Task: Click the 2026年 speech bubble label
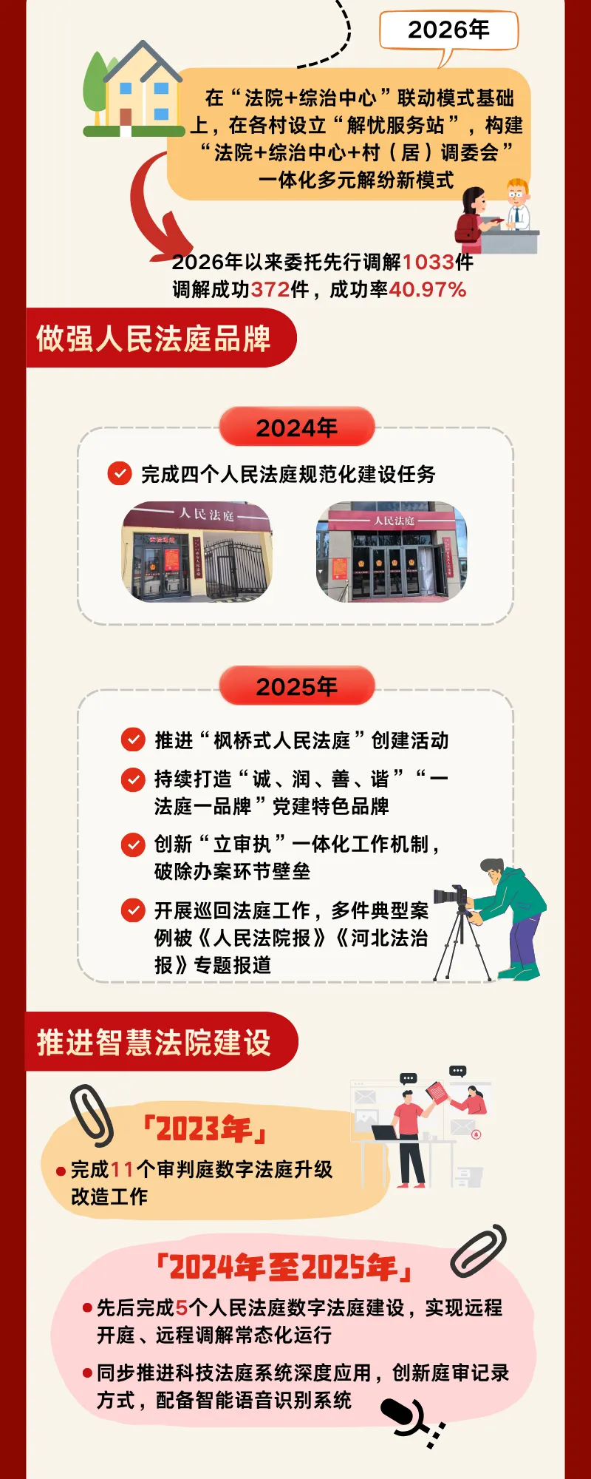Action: [x=448, y=30]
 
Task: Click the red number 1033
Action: [x=428, y=262]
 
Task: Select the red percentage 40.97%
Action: [x=428, y=289]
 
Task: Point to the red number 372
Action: [x=270, y=289]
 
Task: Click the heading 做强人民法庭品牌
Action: [x=154, y=339]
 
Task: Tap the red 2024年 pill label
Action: [x=297, y=427]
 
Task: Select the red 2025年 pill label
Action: [x=297, y=686]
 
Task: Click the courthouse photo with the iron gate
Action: [x=197, y=552]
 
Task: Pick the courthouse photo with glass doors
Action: [x=392, y=552]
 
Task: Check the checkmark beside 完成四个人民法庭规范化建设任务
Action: [x=120, y=473]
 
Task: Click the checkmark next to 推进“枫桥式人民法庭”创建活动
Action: [x=133, y=739]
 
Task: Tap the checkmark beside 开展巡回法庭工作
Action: [x=133, y=910]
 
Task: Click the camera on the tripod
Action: [x=451, y=896]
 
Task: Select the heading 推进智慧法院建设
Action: [x=154, y=1042]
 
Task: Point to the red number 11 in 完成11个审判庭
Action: [x=122, y=1169]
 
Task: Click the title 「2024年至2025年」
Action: [x=284, y=1268]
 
